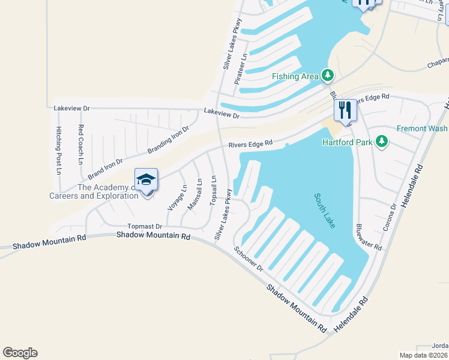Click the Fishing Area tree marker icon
(x=327, y=76)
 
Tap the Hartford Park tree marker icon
(x=381, y=142)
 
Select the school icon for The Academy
(x=146, y=180)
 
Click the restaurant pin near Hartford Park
(x=345, y=110)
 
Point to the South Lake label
(x=324, y=210)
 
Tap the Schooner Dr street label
(x=249, y=259)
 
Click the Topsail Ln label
(x=213, y=191)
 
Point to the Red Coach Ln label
(x=80, y=144)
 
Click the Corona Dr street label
(x=390, y=217)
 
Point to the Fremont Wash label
(x=421, y=128)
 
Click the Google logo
(x=20, y=353)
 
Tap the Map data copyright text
(x=424, y=355)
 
